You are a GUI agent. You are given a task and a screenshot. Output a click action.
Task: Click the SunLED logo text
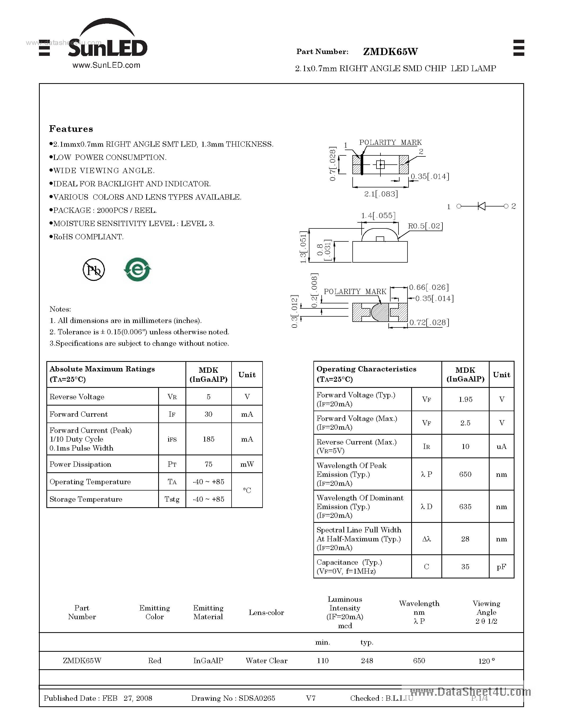(x=107, y=49)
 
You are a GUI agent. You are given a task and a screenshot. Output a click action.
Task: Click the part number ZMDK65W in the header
(x=390, y=52)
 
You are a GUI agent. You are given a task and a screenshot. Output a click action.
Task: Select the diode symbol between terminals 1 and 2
(x=481, y=206)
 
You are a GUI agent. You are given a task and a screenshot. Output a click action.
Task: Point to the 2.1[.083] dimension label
(x=381, y=194)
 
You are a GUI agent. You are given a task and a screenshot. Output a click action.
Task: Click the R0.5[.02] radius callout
(x=425, y=226)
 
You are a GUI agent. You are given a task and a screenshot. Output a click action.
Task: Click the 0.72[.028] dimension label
(x=429, y=322)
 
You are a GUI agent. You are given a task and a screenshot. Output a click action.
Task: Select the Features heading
(x=71, y=129)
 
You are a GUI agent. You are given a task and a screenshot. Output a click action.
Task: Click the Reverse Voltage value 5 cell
(x=209, y=397)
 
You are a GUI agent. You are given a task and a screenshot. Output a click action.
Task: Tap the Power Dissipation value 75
(x=209, y=464)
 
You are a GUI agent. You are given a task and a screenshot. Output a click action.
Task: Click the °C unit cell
(x=247, y=490)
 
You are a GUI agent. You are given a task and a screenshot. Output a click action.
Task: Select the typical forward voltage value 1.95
(x=465, y=399)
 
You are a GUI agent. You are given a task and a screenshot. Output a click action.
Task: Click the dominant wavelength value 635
(x=465, y=507)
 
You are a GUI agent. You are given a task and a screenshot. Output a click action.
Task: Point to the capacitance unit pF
(x=501, y=567)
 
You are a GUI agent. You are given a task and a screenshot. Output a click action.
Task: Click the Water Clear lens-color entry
(x=267, y=661)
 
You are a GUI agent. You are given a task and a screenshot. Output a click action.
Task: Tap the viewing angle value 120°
(x=486, y=661)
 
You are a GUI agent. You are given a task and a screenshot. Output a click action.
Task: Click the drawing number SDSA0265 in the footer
(x=257, y=698)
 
